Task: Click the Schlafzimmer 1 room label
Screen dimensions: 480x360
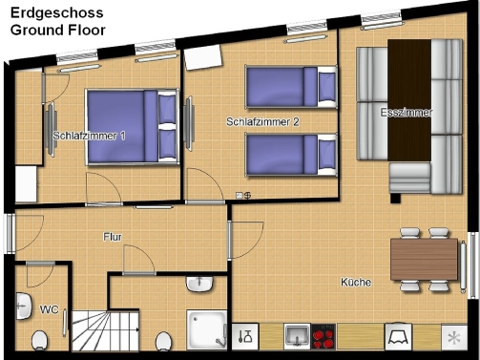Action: click(89, 136)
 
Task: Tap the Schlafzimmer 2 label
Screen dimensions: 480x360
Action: click(262, 121)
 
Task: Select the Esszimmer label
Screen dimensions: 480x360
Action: click(407, 113)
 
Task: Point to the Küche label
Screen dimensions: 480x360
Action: click(356, 282)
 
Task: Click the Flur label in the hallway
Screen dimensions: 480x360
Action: click(113, 237)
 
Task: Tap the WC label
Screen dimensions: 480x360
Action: click(49, 309)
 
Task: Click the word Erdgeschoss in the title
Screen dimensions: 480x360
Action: click(57, 13)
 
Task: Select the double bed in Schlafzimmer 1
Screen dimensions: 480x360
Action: click(132, 127)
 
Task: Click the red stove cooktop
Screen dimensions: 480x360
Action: click(323, 336)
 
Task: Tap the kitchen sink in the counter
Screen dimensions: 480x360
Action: click(297, 336)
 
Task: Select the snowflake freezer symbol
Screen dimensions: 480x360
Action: click(454, 337)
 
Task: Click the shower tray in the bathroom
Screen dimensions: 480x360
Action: click(207, 330)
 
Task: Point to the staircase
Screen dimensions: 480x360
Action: click(106, 331)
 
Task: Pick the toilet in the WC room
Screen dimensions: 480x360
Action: click(40, 340)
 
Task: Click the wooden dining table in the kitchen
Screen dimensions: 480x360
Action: click(424, 259)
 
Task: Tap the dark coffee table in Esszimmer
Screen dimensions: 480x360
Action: click(409, 100)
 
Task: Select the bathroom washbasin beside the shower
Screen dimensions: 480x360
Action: click(199, 284)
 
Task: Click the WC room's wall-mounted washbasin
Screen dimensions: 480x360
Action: click(24, 307)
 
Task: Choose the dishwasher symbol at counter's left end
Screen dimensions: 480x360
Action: click(245, 336)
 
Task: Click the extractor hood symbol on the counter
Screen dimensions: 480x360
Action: click(398, 336)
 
